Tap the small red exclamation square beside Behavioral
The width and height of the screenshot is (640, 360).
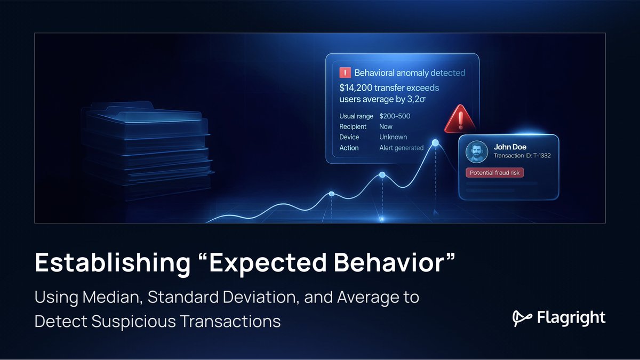click(x=345, y=73)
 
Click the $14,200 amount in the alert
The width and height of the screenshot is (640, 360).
click(x=357, y=87)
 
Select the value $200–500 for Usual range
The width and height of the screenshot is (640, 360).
click(x=395, y=116)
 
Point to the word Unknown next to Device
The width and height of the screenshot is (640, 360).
click(x=393, y=137)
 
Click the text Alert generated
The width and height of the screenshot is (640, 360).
click(x=401, y=148)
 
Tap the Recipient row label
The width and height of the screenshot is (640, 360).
click(x=353, y=126)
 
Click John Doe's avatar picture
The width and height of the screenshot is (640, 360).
click(x=477, y=152)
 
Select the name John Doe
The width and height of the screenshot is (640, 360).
click(x=510, y=147)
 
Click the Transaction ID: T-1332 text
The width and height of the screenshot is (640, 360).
click(x=522, y=156)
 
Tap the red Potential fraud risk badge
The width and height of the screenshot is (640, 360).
click(x=495, y=173)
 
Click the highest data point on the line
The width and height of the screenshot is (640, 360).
click(x=435, y=142)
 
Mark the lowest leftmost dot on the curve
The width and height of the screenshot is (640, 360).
click(x=331, y=194)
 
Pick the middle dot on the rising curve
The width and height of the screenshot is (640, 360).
click(x=382, y=175)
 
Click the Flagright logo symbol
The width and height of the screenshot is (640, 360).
click(x=521, y=318)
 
